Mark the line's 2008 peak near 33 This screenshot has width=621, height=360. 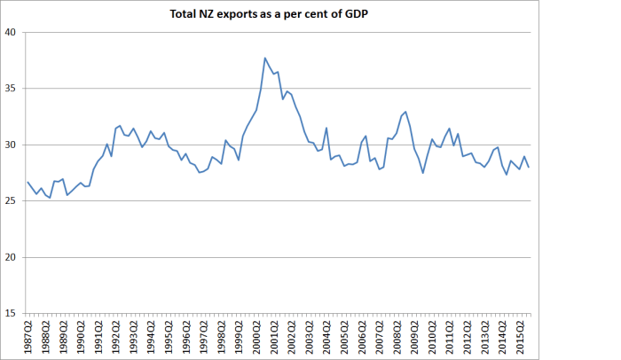pyautogui.click(x=405, y=112)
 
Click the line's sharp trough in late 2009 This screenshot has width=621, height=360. pyautogui.click(x=423, y=172)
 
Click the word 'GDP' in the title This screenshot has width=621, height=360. pyautogui.click(x=357, y=14)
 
